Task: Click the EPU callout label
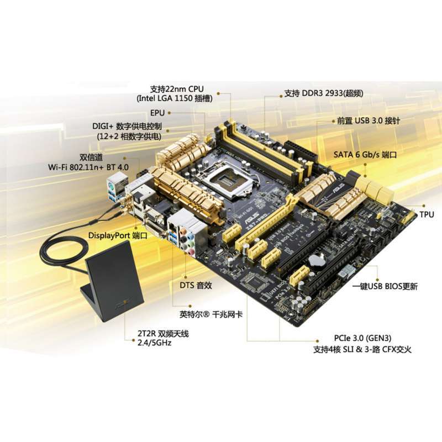coord(159,112)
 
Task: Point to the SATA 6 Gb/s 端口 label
coord(365,155)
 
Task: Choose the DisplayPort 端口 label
coord(118,235)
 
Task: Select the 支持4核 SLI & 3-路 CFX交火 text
coord(362,349)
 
